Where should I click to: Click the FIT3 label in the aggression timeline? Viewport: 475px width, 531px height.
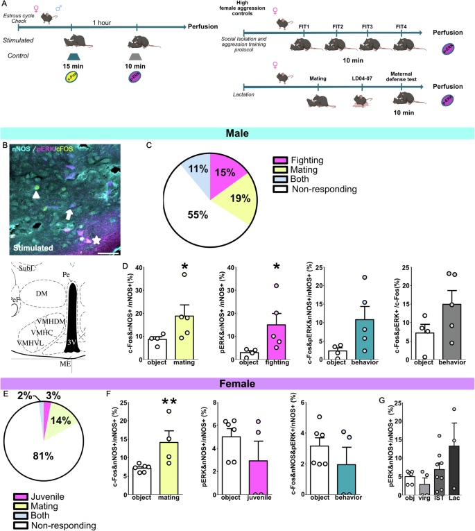(368, 26)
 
